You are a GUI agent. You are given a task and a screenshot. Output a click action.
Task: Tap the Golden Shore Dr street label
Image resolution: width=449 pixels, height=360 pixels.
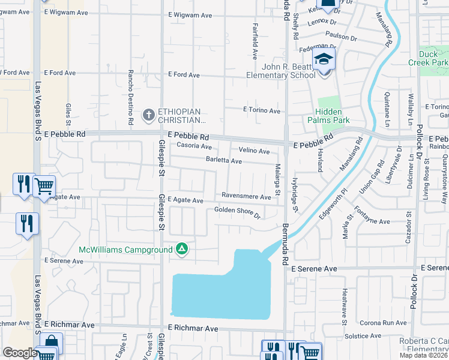click(x=238, y=212)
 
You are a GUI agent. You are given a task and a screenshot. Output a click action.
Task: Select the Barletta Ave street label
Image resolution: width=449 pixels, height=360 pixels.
click(x=224, y=161)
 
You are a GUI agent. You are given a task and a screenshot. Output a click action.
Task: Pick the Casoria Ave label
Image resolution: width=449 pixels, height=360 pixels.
click(x=189, y=146)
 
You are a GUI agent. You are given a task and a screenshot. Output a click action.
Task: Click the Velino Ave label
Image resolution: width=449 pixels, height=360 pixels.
click(x=255, y=151)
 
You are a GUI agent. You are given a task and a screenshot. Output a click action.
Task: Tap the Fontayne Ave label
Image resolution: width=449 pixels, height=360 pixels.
click(x=376, y=221)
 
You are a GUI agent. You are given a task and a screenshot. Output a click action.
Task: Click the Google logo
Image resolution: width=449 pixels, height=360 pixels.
click(x=20, y=353)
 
